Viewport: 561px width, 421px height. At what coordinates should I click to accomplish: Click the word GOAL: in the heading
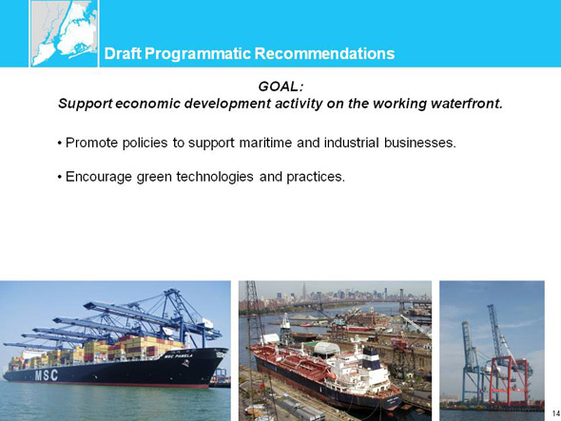pos(280,86)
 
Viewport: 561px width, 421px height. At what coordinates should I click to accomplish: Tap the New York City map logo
pos(64,33)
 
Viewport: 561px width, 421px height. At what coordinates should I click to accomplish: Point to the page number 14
pos(556,413)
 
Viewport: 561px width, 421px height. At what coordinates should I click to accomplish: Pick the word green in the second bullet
pos(154,177)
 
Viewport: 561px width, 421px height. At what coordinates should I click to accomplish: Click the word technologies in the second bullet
pos(215,177)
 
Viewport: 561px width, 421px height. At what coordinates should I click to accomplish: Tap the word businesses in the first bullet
pos(420,143)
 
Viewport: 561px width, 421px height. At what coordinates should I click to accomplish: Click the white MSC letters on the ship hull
pos(47,375)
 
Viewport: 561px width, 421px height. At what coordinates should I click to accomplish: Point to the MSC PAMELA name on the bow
pos(178,355)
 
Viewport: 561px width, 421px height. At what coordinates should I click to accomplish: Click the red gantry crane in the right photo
pos(509,381)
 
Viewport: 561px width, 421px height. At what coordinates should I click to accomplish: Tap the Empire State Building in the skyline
pos(304,291)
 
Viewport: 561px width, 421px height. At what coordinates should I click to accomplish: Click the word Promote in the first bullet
pos(92,143)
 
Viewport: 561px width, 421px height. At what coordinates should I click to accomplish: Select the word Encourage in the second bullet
pos(99,177)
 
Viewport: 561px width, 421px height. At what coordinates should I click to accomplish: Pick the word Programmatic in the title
pos(198,53)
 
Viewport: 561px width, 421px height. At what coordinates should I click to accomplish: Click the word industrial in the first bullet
pos(352,143)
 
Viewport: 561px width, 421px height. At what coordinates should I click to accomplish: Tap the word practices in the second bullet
pos(316,177)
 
